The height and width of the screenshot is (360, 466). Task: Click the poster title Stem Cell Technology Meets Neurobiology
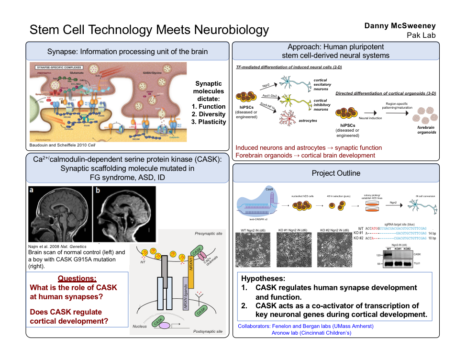[149, 30]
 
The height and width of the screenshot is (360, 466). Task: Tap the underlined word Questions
[77, 279]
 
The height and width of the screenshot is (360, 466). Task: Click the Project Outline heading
[336, 173]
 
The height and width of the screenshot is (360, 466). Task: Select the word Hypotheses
[263, 279]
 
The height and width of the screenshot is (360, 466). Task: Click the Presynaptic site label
[208, 234]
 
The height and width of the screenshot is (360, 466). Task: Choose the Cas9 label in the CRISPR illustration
[269, 190]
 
